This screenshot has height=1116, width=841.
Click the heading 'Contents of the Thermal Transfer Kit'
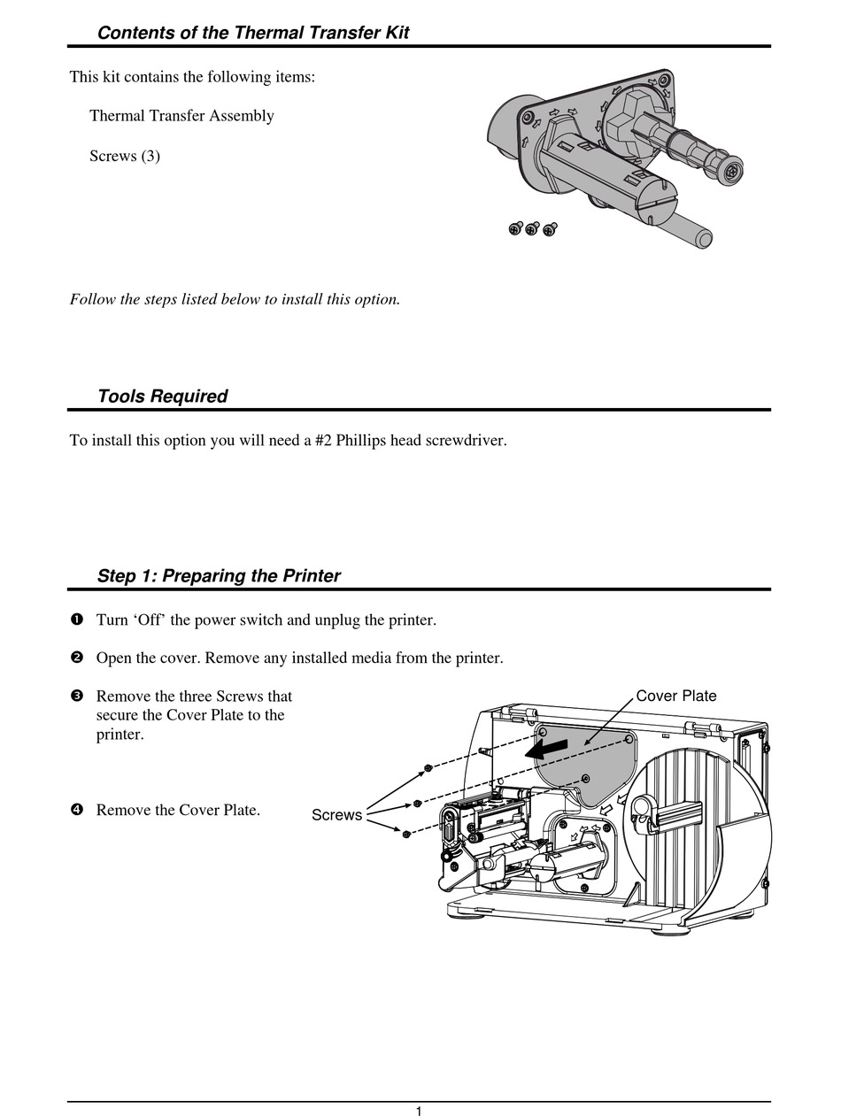pyautogui.click(x=252, y=33)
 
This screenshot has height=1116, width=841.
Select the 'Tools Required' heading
pyautogui.click(x=162, y=396)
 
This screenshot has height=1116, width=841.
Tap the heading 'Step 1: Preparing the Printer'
pyautogui.click(x=218, y=576)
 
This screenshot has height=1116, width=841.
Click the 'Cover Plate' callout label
pyautogui.click(x=676, y=696)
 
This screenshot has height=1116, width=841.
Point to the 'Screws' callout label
pyautogui.click(x=336, y=815)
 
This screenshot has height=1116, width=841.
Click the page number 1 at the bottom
pyautogui.click(x=419, y=1112)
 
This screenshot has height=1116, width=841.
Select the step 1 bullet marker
pyautogui.click(x=76, y=620)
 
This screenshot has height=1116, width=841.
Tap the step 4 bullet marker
pyautogui.click(x=76, y=810)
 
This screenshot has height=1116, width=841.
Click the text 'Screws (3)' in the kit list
pyautogui.click(x=125, y=156)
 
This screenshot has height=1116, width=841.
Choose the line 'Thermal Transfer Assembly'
pyautogui.click(x=181, y=116)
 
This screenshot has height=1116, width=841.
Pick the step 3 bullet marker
pyautogui.click(x=76, y=697)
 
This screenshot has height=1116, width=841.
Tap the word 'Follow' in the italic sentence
pyautogui.click(x=92, y=299)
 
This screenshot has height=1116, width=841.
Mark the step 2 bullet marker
pyautogui.click(x=76, y=658)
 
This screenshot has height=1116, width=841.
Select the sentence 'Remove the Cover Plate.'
pyautogui.click(x=178, y=810)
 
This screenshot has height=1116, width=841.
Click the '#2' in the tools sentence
pyautogui.click(x=323, y=440)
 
